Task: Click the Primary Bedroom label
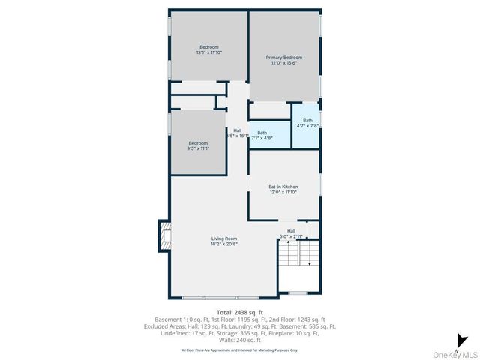284,58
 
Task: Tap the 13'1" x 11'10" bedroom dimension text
209,52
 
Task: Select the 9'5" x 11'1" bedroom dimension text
198,148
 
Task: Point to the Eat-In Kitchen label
283,186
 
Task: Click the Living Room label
225,238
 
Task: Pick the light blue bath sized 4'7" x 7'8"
307,123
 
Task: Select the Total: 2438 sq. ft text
239,311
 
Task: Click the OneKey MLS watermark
457,354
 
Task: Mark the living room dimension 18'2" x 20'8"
225,244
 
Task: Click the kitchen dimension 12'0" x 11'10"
283,192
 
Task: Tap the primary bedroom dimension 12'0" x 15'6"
284,63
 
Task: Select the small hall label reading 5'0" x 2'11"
291,236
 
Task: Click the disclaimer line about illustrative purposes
239,349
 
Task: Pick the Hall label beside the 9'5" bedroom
237,130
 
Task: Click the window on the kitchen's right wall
320,184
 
